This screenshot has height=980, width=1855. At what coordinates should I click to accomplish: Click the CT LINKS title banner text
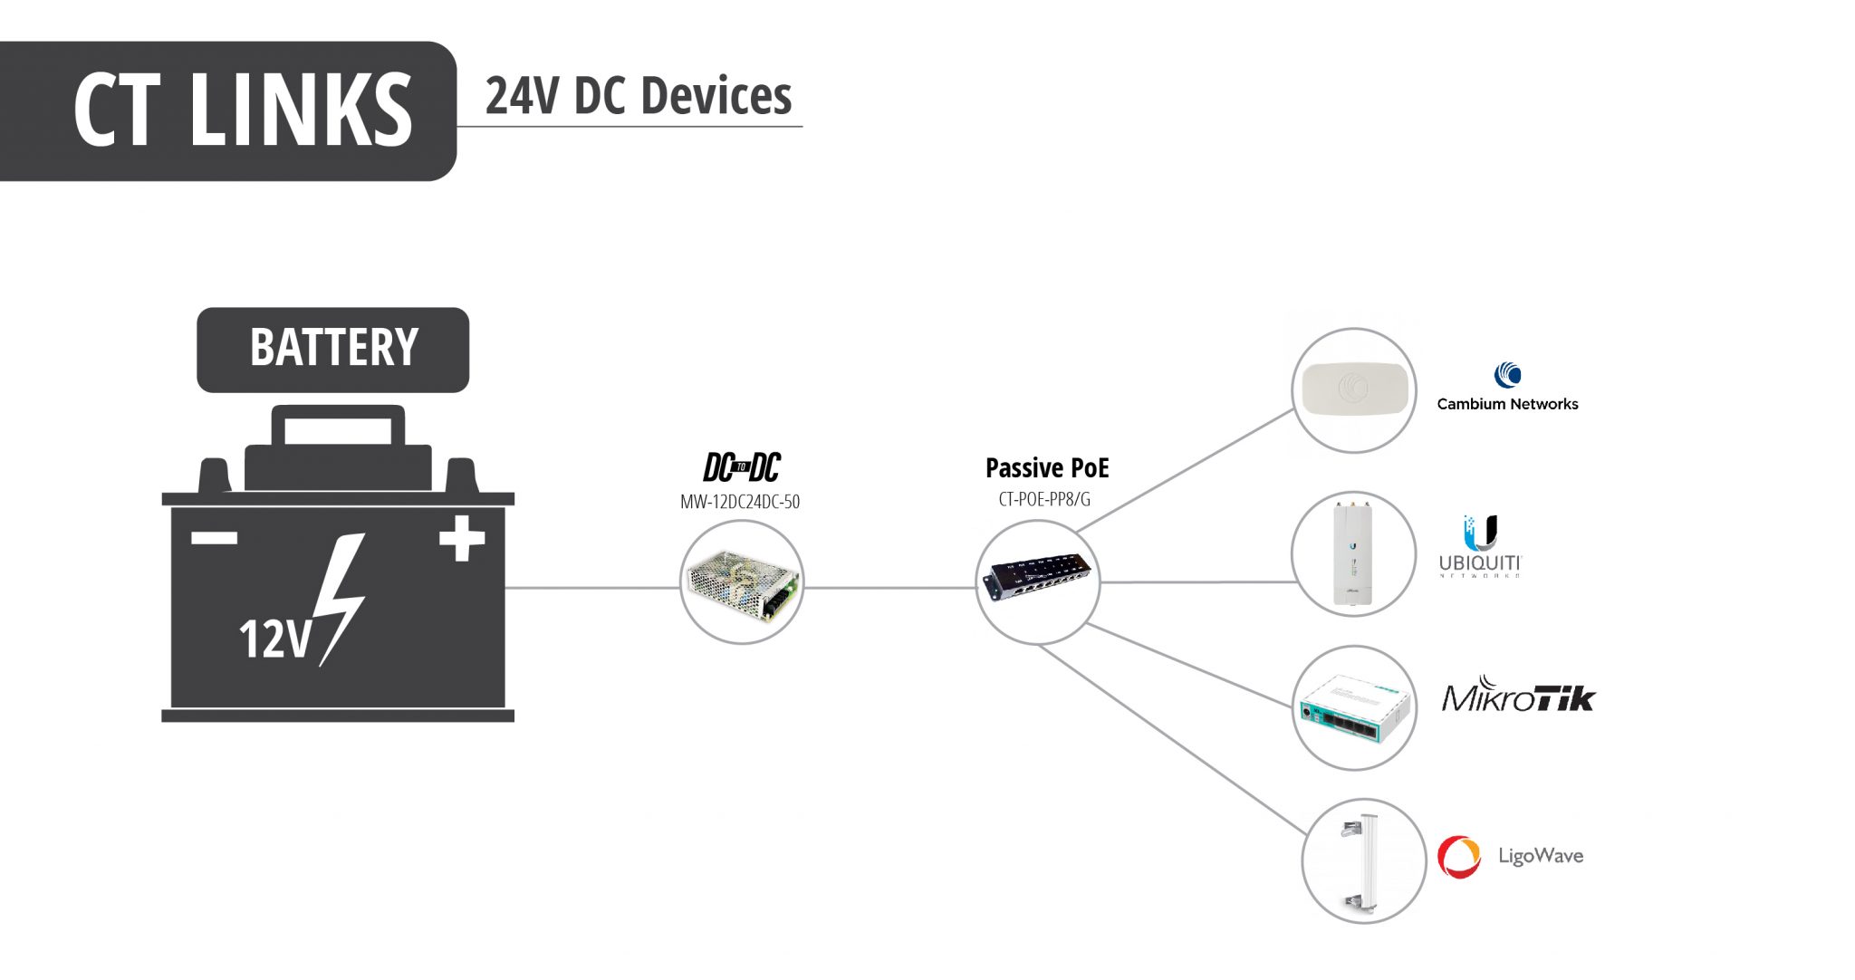tap(243, 110)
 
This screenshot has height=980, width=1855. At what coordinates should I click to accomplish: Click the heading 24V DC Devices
tap(638, 96)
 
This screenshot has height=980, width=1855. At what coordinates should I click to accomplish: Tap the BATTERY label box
tap(333, 349)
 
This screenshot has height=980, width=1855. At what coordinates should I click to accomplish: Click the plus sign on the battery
tap(462, 538)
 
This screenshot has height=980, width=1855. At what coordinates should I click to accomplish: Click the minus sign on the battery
tap(215, 538)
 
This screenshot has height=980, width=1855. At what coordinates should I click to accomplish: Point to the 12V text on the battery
tap(274, 639)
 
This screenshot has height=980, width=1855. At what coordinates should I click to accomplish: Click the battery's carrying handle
tap(338, 426)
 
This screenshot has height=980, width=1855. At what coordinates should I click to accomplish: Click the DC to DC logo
tap(741, 467)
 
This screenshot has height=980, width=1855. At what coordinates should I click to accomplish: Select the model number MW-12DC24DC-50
tap(740, 502)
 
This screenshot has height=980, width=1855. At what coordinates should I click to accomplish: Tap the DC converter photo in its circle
tap(742, 583)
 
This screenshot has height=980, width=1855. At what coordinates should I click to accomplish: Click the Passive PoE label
tap(1046, 468)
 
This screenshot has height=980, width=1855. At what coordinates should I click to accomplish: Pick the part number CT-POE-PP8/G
tap(1044, 499)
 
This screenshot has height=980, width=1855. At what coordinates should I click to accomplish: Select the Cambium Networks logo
tap(1507, 388)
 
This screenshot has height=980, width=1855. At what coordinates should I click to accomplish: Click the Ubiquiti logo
tap(1480, 546)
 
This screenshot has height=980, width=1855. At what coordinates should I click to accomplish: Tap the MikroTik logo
tap(1518, 696)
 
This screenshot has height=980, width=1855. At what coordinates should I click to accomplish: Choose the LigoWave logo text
tap(1540, 856)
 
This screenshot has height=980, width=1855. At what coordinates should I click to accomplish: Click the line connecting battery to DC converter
tap(593, 588)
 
